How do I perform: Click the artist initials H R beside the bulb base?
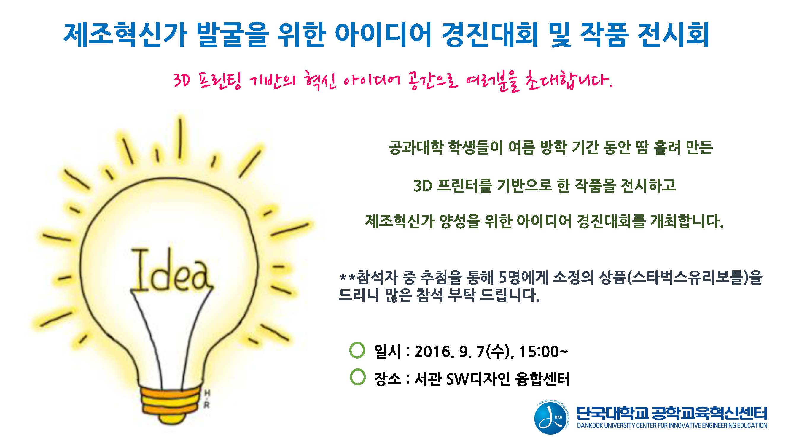coord(207,399)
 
